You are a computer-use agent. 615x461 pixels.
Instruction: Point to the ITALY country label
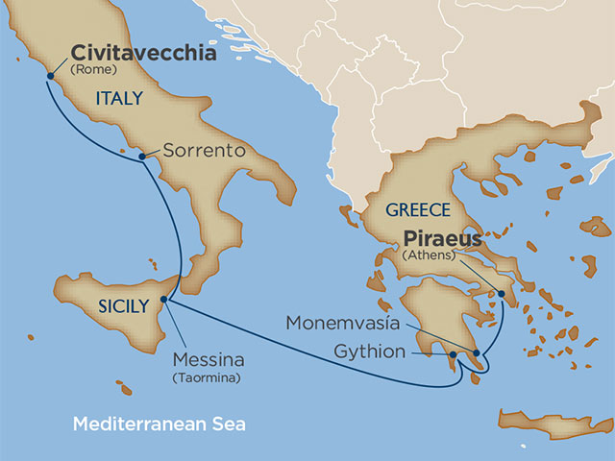tap(119, 98)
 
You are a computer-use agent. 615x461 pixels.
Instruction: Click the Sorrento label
tap(204, 151)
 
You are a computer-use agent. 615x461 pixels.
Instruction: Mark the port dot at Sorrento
tap(142, 156)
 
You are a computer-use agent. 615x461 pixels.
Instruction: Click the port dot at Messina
tap(163, 300)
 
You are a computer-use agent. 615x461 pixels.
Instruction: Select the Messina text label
tap(209, 361)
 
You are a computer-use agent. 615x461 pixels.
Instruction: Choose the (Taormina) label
tap(209, 377)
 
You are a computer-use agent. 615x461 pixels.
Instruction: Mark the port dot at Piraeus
tap(501, 295)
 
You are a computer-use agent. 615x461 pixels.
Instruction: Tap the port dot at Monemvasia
tap(476, 353)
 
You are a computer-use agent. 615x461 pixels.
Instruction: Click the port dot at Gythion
tap(453, 355)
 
